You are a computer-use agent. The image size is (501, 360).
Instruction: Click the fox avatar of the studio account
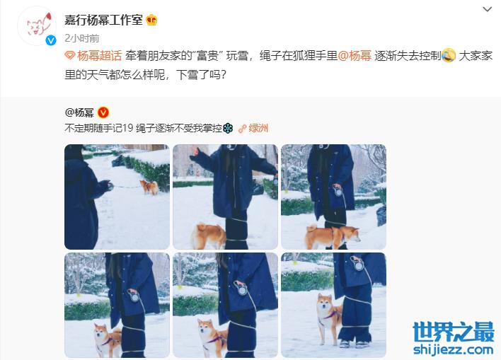click(x=37, y=25)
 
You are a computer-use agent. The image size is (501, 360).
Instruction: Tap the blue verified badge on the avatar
click(x=51, y=40)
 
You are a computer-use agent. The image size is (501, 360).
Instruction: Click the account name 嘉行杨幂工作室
click(x=103, y=21)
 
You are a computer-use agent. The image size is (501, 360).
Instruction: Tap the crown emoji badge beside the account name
click(x=151, y=21)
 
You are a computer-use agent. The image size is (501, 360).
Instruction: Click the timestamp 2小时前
click(x=82, y=38)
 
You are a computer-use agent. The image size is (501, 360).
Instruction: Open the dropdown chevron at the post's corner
click(x=487, y=9)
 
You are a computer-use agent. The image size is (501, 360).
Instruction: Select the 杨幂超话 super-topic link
click(x=93, y=56)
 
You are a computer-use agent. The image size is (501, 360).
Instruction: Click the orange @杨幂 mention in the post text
click(x=355, y=56)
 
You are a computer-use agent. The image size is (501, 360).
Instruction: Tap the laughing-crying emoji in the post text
click(x=449, y=56)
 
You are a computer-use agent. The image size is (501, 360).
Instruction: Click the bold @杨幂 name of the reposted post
click(x=79, y=112)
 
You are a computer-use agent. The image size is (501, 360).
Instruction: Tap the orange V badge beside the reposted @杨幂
click(x=103, y=112)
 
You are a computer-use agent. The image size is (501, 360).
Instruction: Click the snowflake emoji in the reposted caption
click(x=227, y=129)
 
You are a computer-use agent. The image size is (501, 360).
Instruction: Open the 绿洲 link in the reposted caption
click(x=253, y=129)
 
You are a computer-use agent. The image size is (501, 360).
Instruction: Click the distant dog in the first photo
click(x=149, y=187)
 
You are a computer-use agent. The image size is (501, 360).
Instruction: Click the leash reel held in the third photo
click(x=338, y=192)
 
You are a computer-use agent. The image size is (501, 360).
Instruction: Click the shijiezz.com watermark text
click(x=454, y=349)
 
